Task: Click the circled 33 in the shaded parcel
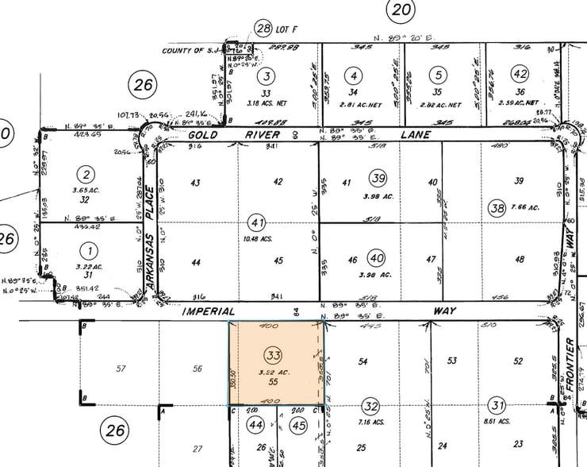[x=275, y=353]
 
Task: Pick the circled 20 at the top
[x=401, y=10]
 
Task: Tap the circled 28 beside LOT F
[x=263, y=29]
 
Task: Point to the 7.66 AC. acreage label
[x=524, y=208]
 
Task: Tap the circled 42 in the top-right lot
[x=520, y=75]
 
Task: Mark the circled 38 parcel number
[x=497, y=208]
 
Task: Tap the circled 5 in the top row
[x=437, y=75]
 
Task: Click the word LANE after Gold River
[x=415, y=136]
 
